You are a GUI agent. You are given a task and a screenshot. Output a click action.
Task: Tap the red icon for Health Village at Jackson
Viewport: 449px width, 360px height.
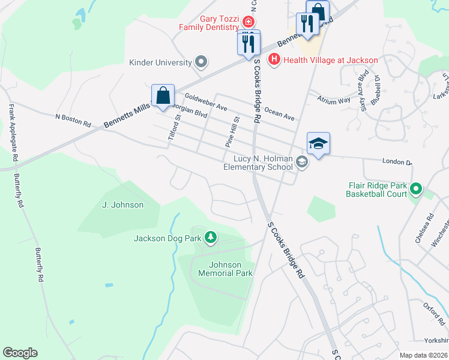(x=274, y=59)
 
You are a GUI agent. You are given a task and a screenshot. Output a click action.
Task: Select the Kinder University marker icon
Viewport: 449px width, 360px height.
(x=201, y=62)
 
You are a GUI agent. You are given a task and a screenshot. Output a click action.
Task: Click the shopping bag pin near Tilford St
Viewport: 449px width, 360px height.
(x=163, y=95)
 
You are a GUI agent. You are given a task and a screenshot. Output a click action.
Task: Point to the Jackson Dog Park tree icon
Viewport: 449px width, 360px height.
(x=210, y=239)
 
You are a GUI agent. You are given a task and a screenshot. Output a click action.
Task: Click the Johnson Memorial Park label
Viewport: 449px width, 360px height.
(x=225, y=269)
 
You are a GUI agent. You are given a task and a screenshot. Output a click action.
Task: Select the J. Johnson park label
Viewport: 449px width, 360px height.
(x=123, y=205)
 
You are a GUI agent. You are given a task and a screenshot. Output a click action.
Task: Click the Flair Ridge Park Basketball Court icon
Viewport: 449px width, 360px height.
(x=415, y=190)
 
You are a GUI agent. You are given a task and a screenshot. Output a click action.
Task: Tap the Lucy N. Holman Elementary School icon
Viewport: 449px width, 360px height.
(x=302, y=162)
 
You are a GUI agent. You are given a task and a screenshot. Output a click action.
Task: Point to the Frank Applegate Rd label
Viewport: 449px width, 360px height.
(x=11, y=133)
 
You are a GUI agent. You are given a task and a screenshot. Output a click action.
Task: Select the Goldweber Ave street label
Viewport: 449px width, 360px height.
(x=206, y=101)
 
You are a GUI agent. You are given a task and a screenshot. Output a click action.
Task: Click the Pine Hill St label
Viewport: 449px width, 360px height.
(x=231, y=133)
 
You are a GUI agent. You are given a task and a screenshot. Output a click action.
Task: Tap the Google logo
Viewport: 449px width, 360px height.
(x=20, y=352)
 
